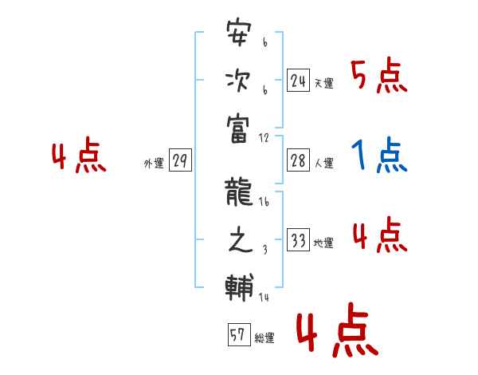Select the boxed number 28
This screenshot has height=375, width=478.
(x=298, y=160)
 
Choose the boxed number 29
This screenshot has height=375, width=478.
(x=180, y=161)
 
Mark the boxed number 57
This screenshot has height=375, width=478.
(x=238, y=335)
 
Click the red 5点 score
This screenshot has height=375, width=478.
(x=378, y=76)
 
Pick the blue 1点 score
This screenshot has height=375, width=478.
(x=379, y=156)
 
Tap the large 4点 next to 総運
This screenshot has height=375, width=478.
(x=335, y=333)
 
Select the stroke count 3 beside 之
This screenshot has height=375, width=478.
(x=264, y=250)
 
